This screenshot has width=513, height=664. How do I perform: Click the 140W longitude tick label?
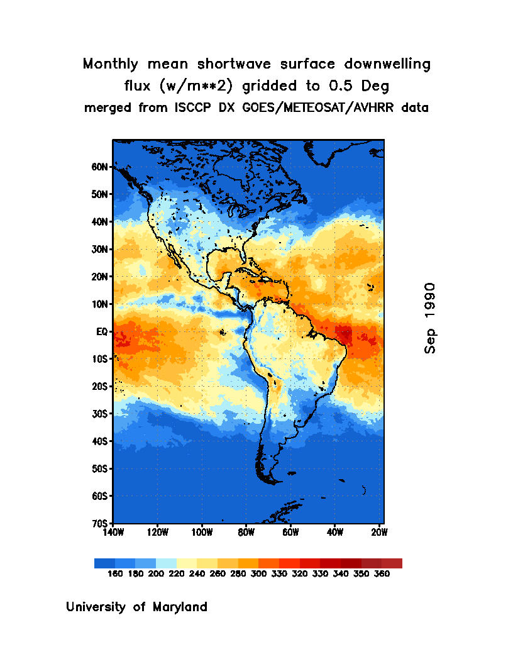click(x=113, y=533)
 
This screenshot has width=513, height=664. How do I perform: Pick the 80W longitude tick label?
click(x=246, y=533)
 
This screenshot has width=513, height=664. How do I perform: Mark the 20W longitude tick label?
click(x=379, y=533)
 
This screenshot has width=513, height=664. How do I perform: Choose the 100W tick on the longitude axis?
click(x=201, y=533)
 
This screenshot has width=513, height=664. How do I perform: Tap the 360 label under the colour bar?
click(x=382, y=574)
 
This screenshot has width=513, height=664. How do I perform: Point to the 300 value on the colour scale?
click(x=258, y=574)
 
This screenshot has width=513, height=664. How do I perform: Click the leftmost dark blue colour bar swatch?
click(x=104, y=563)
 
